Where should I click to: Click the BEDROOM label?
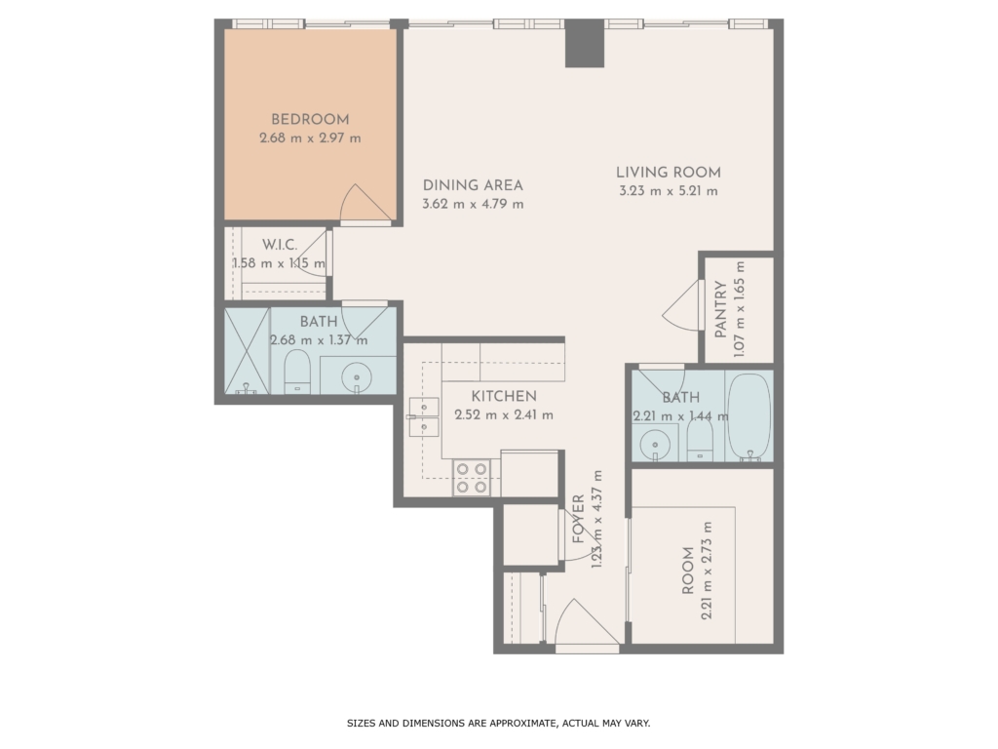[310, 119]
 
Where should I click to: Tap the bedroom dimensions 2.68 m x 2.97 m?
[310, 138]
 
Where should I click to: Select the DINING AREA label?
[473, 185]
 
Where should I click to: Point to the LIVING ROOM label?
[669, 172]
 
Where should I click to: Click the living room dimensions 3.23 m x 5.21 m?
[669, 190]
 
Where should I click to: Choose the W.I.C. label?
[280, 245]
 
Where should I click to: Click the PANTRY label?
[720, 309]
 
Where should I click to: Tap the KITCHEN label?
[504, 396]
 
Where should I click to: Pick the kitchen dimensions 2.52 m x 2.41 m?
[504, 415]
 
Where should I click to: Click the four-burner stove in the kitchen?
[472, 478]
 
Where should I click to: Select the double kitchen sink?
[424, 417]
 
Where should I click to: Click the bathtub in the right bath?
[749, 415]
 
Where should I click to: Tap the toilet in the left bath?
[296, 372]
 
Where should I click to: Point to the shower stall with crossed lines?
[247, 351]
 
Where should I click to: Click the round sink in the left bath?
[357, 376]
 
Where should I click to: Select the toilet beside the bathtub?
[700, 440]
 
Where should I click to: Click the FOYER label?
[578, 519]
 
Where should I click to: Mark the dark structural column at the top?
[585, 43]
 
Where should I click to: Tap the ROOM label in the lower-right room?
[687, 571]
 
